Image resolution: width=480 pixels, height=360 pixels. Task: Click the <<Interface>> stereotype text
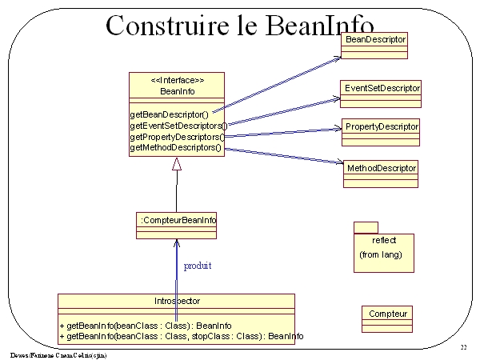[x=177, y=81]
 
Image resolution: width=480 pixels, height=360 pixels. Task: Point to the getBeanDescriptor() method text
[x=169, y=114]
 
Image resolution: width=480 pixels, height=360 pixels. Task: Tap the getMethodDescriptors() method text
[x=175, y=148]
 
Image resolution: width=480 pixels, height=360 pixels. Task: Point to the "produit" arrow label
[x=198, y=265]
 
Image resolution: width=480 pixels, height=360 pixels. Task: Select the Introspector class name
[x=176, y=302]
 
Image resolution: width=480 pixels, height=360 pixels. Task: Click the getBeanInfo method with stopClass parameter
[x=181, y=337]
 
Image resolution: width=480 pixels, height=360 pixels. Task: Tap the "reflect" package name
[x=384, y=240]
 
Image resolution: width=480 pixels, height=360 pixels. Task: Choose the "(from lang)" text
[x=381, y=254]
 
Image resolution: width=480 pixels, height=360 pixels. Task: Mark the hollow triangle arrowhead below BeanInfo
[x=177, y=165]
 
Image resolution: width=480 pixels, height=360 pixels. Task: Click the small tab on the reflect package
[x=366, y=227]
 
